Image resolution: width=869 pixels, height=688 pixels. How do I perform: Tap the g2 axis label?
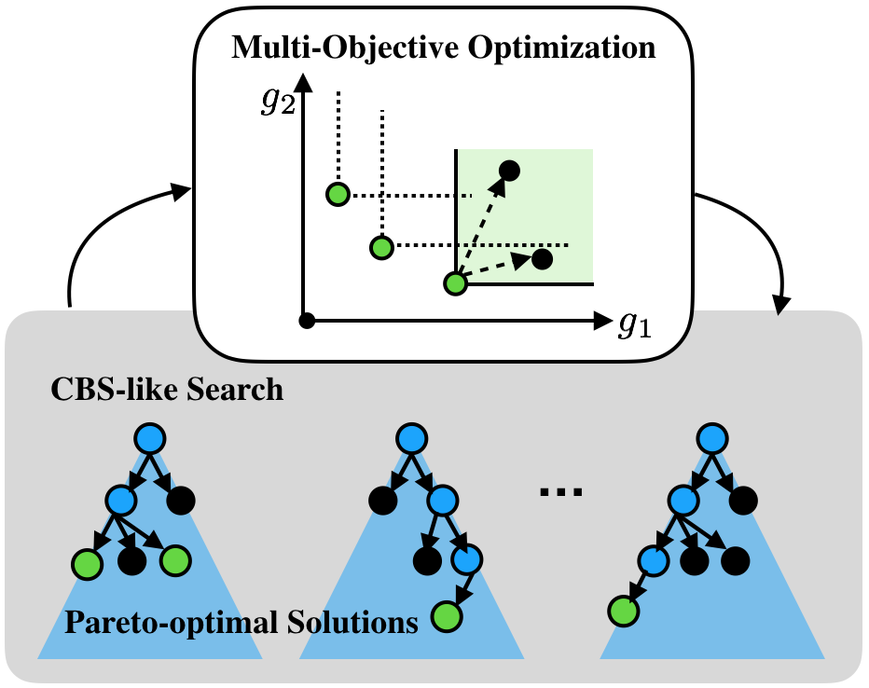pyautogui.click(x=278, y=100)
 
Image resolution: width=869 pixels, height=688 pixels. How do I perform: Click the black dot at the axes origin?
pyautogui.click(x=306, y=321)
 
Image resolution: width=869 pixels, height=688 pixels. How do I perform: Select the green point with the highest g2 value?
pyautogui.click(x=338, y=194)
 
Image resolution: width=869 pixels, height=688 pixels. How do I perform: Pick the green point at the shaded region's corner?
pyautogui.click(x=454, y=282)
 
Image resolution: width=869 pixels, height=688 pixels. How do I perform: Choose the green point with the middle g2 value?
pyautogui.click(x=380, y=247)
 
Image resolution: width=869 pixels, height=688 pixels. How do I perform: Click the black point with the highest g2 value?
pyautogui.click(x=510, y=170)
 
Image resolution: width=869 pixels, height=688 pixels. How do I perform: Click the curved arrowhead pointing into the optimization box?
pyautogui.click(x=181, y=193)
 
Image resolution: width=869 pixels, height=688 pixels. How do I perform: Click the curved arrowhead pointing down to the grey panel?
pyautogui.click(x=781, y=304)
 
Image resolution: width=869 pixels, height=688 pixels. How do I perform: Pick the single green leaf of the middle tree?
pyautogui.click(x=447, y=615)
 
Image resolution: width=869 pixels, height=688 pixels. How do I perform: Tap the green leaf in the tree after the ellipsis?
pyautogui.click(x=622, y=611)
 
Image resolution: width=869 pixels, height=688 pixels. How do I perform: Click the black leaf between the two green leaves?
pyautogui.click(x=131, y=560)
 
